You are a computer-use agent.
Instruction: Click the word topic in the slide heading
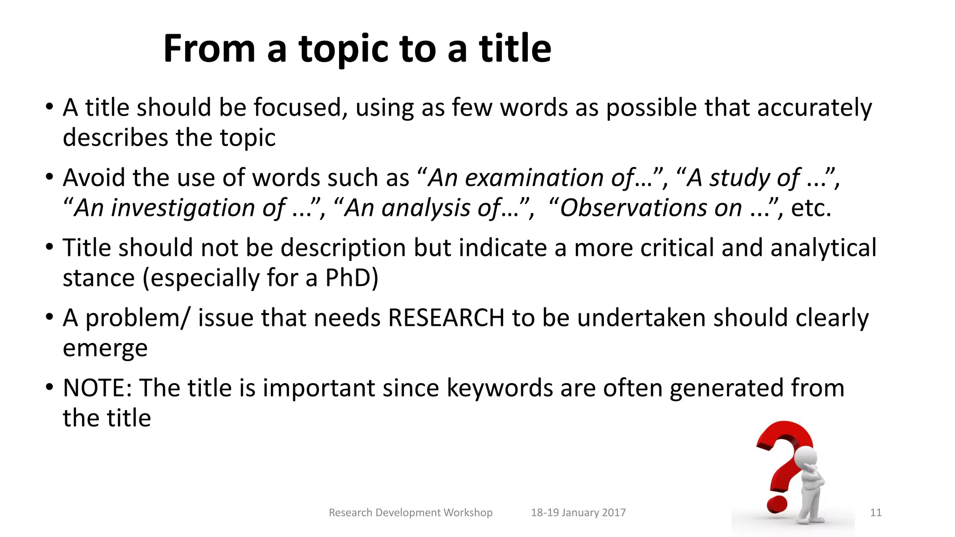pyautogui.click(x=343, y=49)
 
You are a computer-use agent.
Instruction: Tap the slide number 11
pyautogui.click(x=876, y=513)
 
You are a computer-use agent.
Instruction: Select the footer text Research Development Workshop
pyautogui.click(x=410, y=513)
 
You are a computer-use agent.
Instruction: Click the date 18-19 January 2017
pyautogui.click(x=578, y=513)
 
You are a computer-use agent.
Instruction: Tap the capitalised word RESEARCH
pyautogui.click(x=446, y=318)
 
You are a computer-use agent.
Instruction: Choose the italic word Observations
pyautogui.click(x=651, y=208)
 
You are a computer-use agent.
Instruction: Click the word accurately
pyautogui.click(x=814, y=108)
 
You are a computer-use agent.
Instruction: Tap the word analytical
pyautogui.click(x=823, y=248)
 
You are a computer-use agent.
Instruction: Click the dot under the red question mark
pyautogui.click(x=775, y=505)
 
